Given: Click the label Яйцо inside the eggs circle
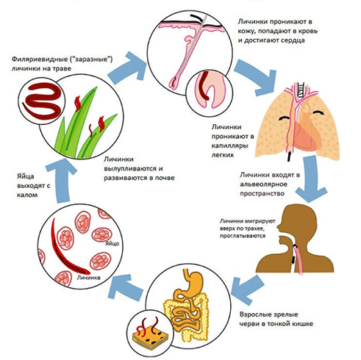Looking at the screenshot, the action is pyautogui.click(x=112, y=243).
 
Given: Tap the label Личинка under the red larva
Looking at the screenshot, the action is pyautogui.click(x=88, y=278).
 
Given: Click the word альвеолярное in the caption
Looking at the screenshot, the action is pyautogui.click(x=263, y=184).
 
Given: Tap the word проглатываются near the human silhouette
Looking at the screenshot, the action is pyautogui.click(x=243, y=236).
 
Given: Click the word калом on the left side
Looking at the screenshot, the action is pyautogui.click(x=27, y=195).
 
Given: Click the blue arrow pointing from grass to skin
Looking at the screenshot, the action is pyautogui.click(x=127, y=68).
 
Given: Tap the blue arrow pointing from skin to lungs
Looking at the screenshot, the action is pyautogui.click(x=256, y=77).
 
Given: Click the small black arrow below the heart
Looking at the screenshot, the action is pyautogui.click(x=289, y=156).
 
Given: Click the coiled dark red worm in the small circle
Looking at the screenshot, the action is pyautogui.click(x=42, y=101).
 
